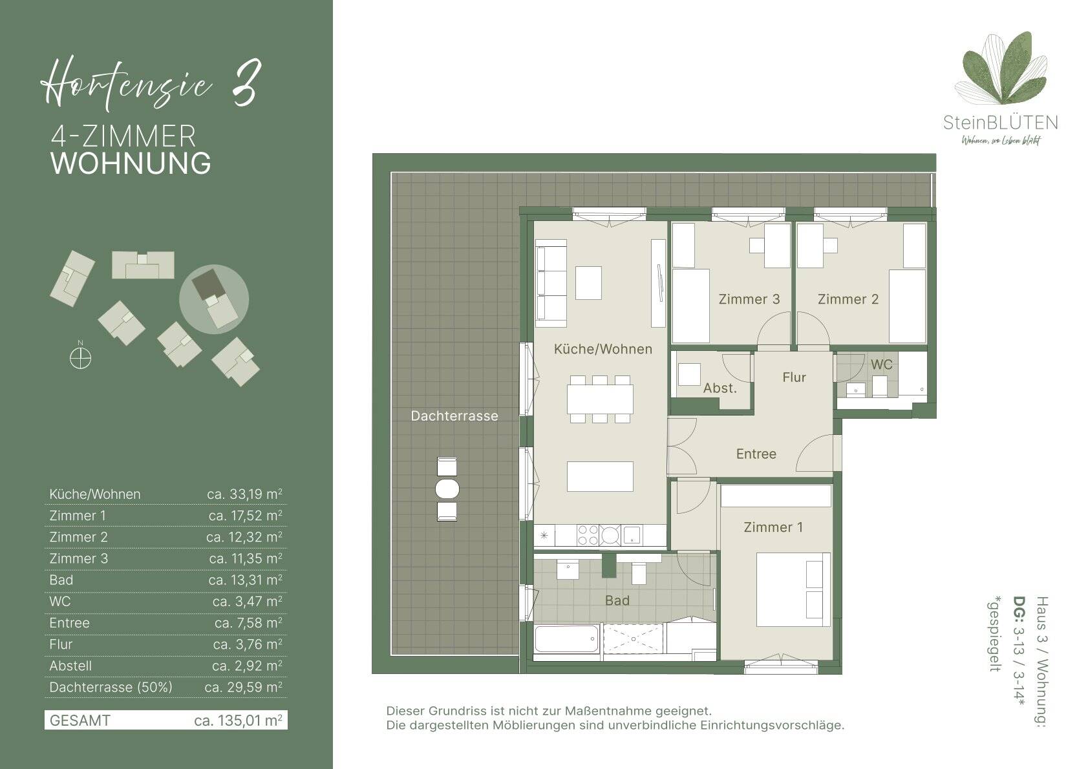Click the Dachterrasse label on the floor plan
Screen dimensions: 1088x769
coord(454,416)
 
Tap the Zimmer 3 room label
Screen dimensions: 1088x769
coord(749,299)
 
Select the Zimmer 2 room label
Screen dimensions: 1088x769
coord(848,299)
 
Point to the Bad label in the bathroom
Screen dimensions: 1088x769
coord(617,600)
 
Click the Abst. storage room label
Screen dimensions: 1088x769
coord(720,388)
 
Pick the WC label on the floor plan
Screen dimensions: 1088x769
coord(882,364)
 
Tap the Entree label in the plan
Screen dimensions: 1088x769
coord(756,454)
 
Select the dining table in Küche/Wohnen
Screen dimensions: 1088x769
coord(600,399)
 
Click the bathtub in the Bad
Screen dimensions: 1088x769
coord(566,639)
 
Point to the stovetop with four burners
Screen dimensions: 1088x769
coord(588,536)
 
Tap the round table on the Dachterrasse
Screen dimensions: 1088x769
coord(447,489)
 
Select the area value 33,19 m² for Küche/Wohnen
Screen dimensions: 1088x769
coord(245,494)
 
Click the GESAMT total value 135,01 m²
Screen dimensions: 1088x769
coord(238,721)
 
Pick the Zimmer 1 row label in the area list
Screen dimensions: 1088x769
coord(78,516)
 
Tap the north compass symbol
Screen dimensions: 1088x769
coord(81,359)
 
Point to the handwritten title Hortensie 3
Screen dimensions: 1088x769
coord(151,83)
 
